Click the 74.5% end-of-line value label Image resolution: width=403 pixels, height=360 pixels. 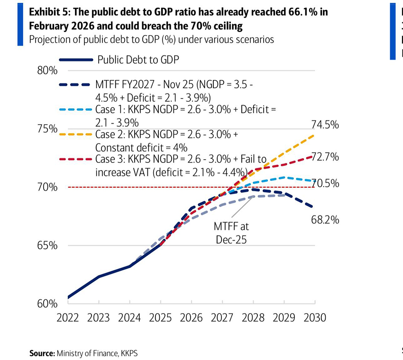325,125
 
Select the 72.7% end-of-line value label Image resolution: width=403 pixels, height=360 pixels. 325,157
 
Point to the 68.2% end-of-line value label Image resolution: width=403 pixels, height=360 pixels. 325,219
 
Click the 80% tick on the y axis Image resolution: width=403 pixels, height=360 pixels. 46,71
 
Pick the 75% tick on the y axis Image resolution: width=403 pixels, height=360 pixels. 46,129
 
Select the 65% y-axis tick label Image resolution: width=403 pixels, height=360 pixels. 46,245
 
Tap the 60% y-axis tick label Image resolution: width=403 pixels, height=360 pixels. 46,304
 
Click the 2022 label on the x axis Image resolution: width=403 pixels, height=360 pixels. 68,318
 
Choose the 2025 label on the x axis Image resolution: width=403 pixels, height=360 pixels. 161,318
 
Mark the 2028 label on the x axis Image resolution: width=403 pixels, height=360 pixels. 253,318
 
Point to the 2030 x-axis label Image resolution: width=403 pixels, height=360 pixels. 315,318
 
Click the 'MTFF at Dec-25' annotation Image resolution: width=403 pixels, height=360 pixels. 231,234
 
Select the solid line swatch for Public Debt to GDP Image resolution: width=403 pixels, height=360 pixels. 76,60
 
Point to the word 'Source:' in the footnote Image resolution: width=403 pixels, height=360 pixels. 42,353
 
